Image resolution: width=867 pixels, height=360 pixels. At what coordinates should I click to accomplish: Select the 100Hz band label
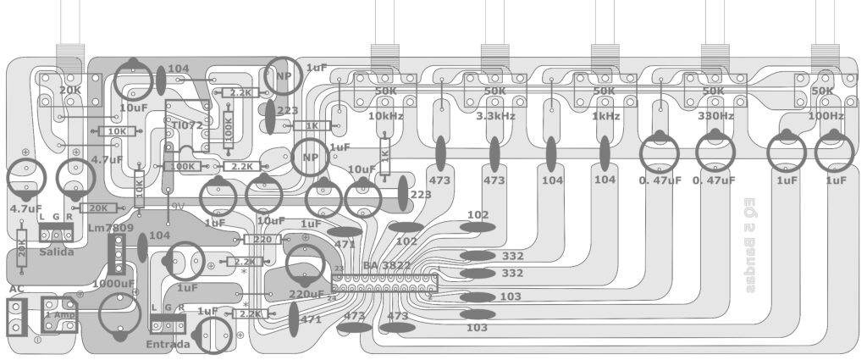tap(826, 115)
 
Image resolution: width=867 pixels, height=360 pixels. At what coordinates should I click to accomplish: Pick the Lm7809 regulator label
tap(109, 227)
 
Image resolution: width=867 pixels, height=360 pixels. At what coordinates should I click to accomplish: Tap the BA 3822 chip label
tap(388, 266)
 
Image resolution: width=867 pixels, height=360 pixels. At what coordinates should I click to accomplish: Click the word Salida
tap(56, 252)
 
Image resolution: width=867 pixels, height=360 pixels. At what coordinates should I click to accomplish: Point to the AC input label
tap(16, 288)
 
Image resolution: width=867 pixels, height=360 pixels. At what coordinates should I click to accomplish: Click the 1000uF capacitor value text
tap(113, 284)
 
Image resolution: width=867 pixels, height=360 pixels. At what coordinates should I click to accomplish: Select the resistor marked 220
tap(262, 240)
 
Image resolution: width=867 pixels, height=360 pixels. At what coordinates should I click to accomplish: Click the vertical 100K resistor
tap(228, 124)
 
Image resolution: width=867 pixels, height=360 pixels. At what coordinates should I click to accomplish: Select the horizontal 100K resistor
tap(184, 166)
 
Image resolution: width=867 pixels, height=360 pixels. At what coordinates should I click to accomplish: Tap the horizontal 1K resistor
tap(312, 125)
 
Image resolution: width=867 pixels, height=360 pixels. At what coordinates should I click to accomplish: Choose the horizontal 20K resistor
tap(98, 208)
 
